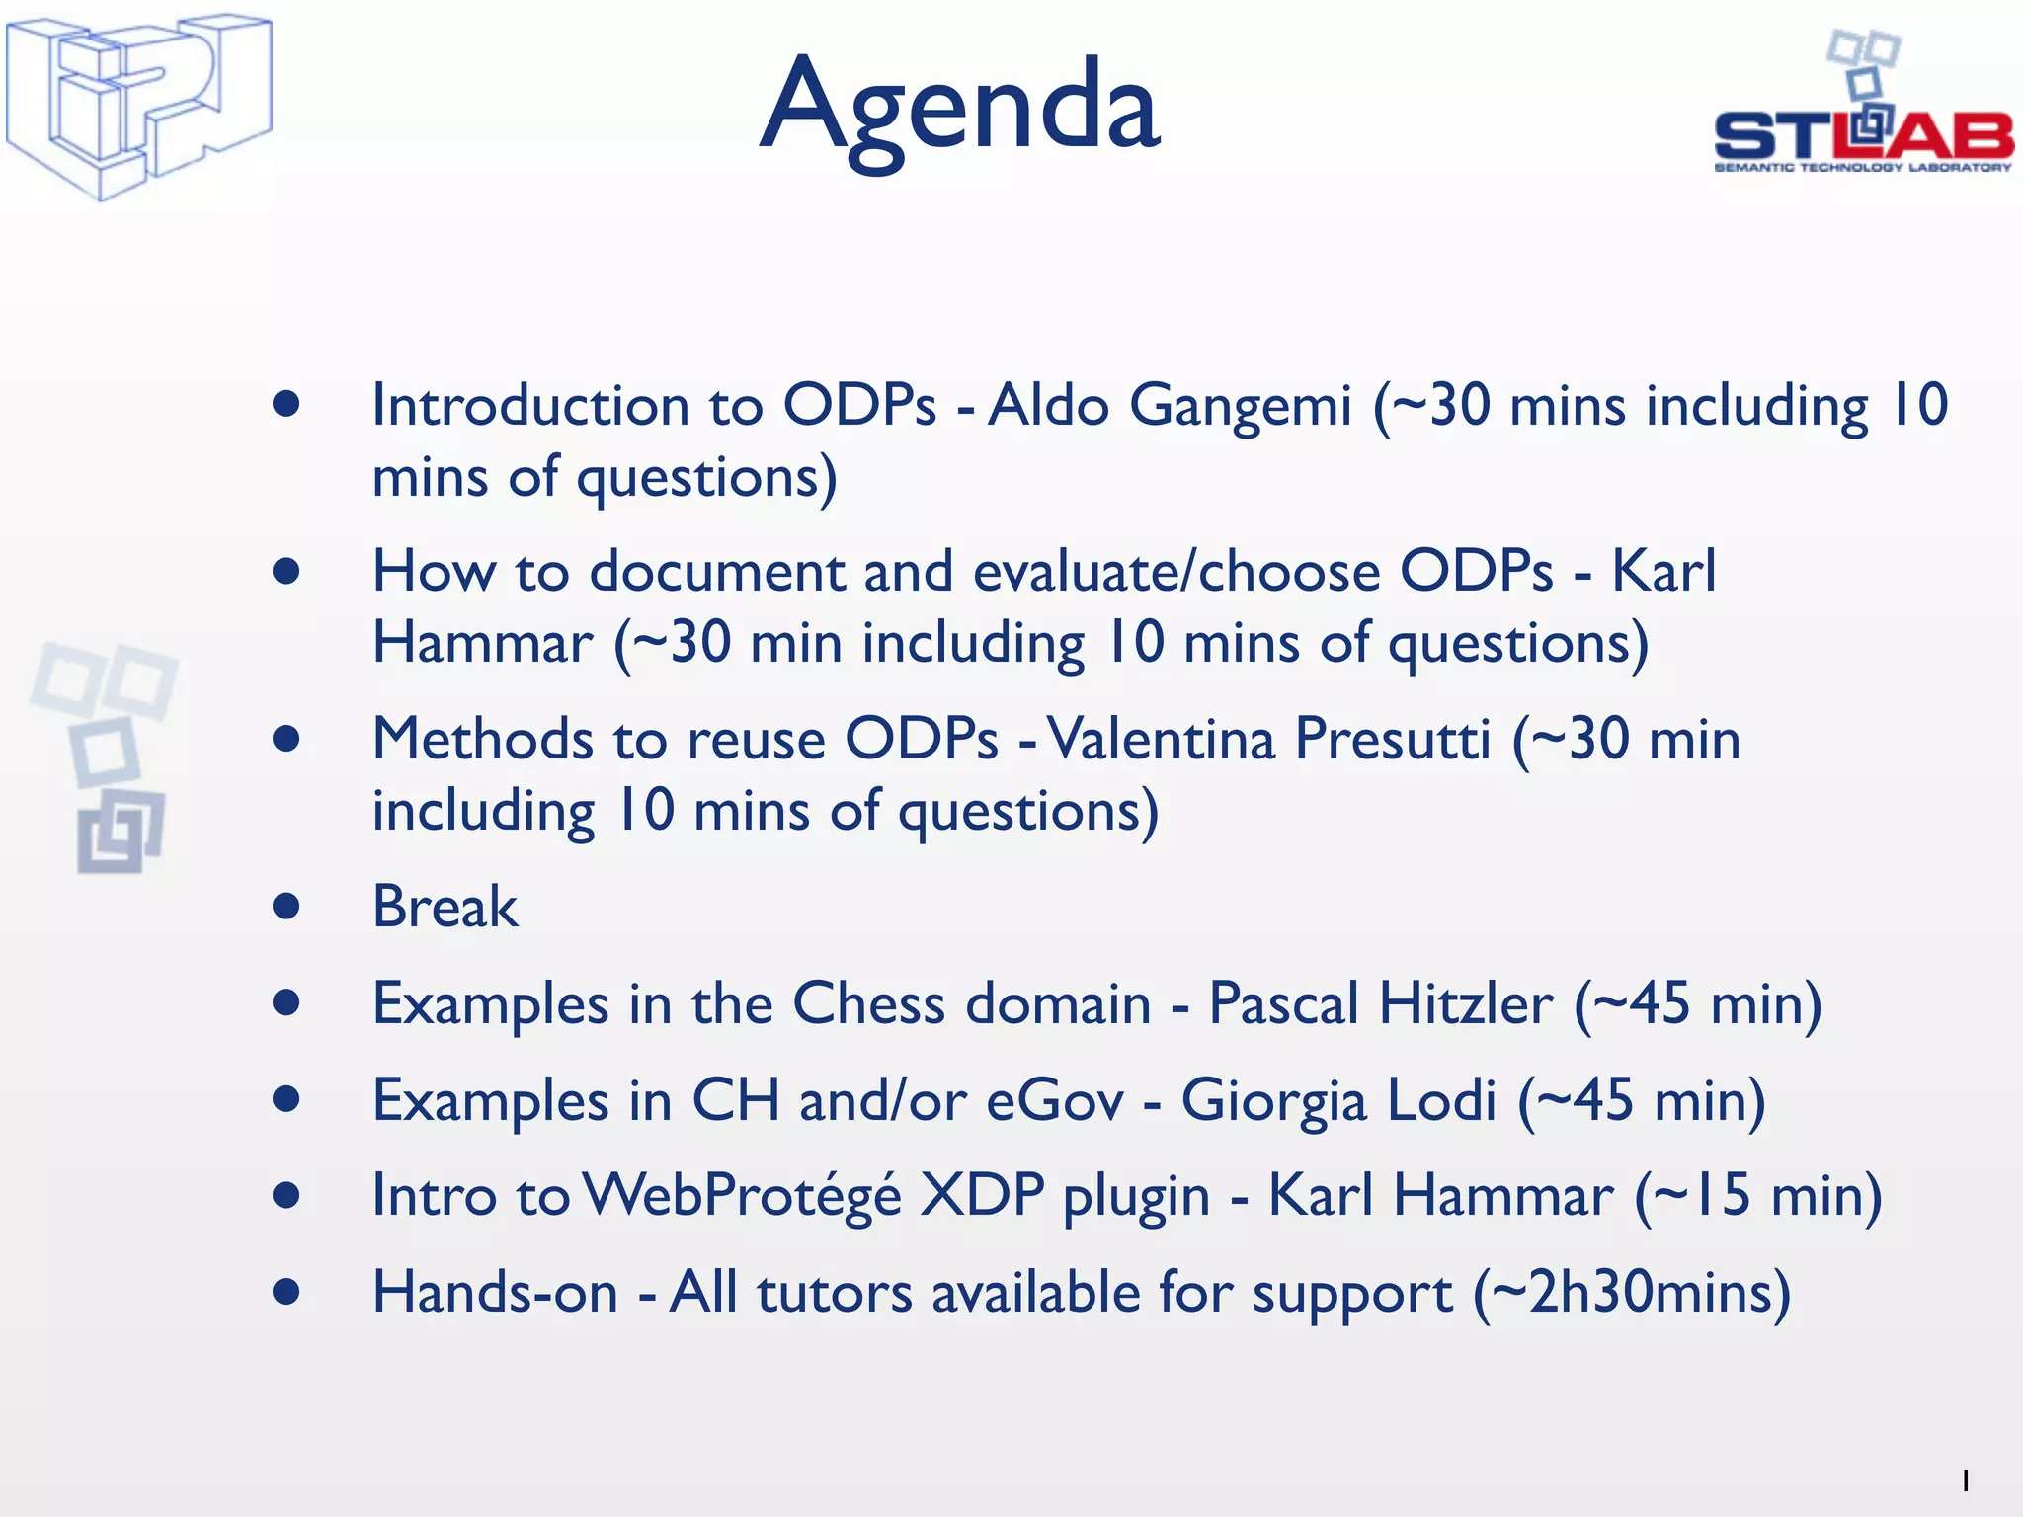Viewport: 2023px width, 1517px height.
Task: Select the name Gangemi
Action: tap(1240, 406)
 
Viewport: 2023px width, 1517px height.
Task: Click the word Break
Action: tap(445, 907)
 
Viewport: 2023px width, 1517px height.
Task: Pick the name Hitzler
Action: tap(1466, 1003)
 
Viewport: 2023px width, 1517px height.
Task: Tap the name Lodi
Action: tap(1441, 1100)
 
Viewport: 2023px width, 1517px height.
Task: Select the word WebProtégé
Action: tap(742, 1196)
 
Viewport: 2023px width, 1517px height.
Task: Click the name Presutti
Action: tap(1392, 739)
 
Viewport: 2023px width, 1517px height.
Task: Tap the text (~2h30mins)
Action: tap(1632, 1293)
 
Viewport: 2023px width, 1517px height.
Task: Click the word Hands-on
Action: tap(495, 1293)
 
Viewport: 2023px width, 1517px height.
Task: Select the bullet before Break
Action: tap(286, 907)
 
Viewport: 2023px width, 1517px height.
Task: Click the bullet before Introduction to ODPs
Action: tap(286, 404)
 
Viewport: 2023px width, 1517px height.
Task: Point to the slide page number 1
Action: tap(1965, 1480)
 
